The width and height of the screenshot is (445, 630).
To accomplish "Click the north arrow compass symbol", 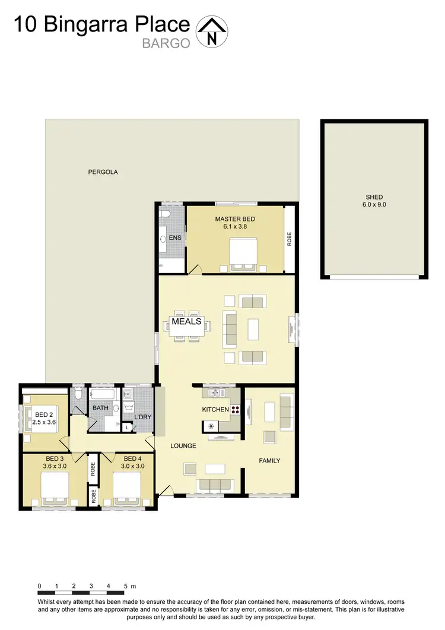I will (212, 31).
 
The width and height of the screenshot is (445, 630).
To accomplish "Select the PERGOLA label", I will (103, 172).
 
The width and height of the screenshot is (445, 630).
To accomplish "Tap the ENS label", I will (175, 238).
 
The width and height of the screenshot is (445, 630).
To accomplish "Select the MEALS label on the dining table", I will (186, 322).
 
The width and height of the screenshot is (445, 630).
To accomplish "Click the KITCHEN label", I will (215, 410).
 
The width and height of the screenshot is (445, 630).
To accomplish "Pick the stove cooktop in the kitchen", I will (235, 409).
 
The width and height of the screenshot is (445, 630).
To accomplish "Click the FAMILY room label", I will (269, 460).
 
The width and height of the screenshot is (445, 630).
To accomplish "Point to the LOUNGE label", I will (183, 445).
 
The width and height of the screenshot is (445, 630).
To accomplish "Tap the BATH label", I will (100, 408).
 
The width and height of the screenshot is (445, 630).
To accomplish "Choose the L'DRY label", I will (142, 417).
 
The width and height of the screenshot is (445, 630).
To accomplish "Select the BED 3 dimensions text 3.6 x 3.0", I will (55, 466).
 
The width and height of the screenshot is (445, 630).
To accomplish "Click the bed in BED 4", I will (127, 489).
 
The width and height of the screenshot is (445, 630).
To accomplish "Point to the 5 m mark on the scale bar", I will (126, 586).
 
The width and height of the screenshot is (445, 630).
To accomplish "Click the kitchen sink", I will (214, 392).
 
